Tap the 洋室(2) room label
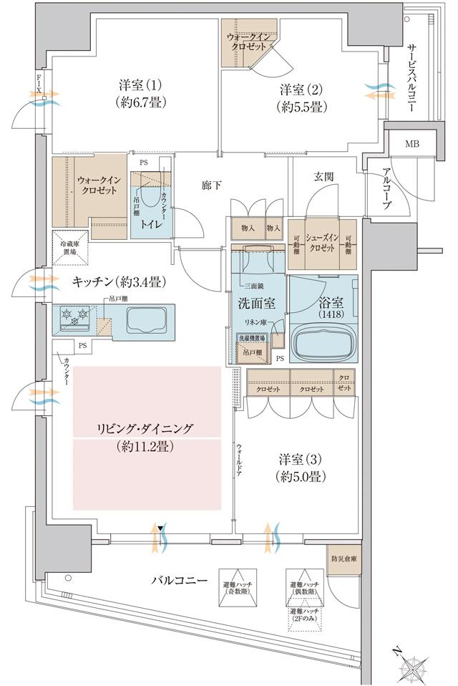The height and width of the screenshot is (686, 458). (x=303, y=99)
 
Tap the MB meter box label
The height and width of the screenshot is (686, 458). (x=413, y=144)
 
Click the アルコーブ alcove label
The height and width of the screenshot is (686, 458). (x=386, y=189)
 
